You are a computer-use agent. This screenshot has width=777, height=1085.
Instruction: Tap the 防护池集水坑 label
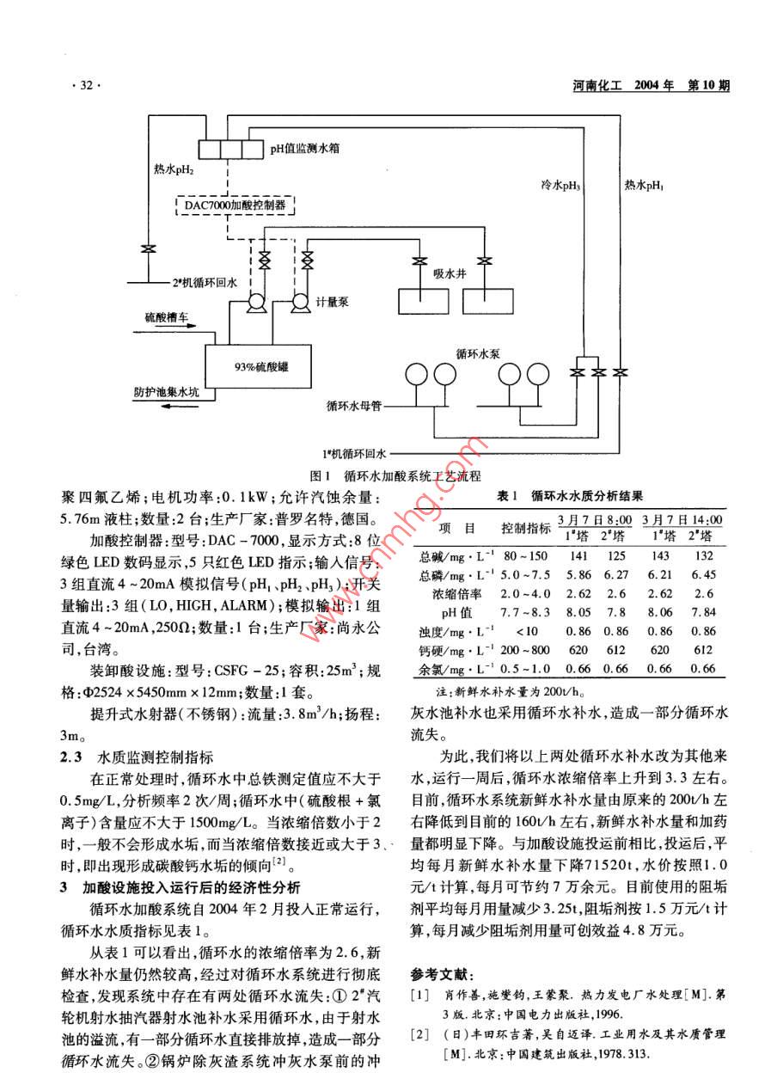pos(167,391)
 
